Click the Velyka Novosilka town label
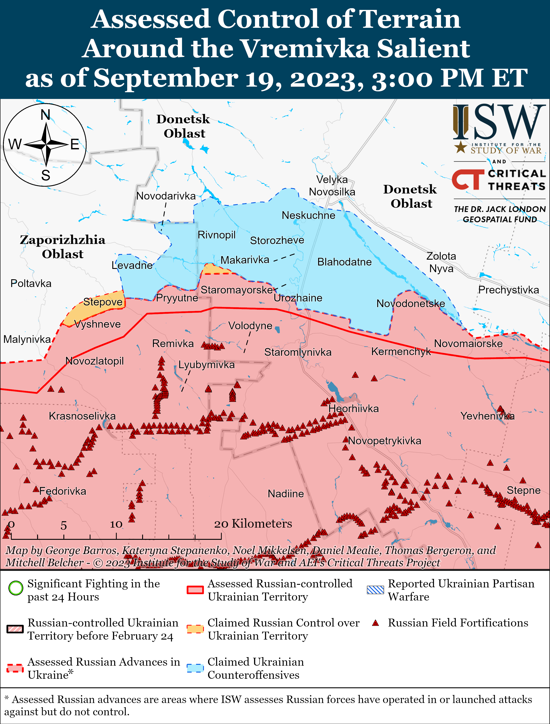pos(332,186)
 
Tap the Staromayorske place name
pos(237,290)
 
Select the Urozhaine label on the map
pos(298,298)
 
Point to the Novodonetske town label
pos(410,303)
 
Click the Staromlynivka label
pos(298,352)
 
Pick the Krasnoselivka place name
pos(82,416)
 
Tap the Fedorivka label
pos(63,491)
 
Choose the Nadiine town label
pos(286,494)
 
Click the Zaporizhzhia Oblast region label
pos(63,247)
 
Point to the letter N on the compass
pos(46,115)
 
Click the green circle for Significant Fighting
pos(15,588)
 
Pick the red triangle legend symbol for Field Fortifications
pos(376,623)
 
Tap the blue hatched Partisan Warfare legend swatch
pos(375,590)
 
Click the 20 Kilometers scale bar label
pos(253,524)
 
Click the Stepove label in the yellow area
pos(102,301)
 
